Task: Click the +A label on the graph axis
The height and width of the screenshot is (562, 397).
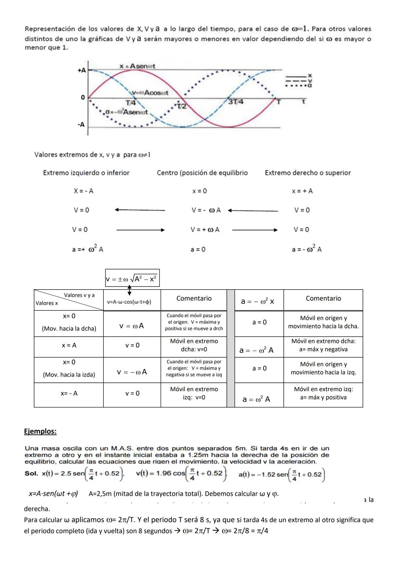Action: pos(82,70)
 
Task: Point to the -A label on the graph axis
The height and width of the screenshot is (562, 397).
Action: pos(81,124)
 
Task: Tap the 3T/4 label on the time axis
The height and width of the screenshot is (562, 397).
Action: pos(236,102)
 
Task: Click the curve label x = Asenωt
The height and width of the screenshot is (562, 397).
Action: pos(137,66)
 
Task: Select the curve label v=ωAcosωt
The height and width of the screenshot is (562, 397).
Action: pos(150,93)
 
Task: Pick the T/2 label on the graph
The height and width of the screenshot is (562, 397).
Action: pos(181,106)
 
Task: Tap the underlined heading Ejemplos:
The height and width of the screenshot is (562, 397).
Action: pos(40,431)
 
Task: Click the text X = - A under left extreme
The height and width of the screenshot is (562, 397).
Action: pos(83,191)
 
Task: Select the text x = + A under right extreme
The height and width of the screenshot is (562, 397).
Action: pos(302,191)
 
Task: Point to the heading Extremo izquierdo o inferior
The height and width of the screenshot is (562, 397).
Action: pos(86,173)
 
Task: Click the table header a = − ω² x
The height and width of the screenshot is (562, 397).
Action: pos(257,301)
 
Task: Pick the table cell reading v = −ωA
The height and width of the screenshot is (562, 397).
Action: pos(132,372)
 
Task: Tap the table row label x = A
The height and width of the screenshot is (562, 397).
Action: pos(69,345)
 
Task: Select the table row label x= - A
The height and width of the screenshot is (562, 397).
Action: pos(69,393)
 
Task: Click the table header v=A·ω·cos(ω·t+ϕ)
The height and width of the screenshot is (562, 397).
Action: pos(129,302)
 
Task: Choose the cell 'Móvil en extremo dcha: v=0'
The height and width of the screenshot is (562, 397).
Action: pos(194,345)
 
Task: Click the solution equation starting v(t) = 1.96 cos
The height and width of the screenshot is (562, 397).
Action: pos(182,474)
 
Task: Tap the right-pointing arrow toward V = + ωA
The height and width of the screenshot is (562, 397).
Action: pos(140,230)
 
